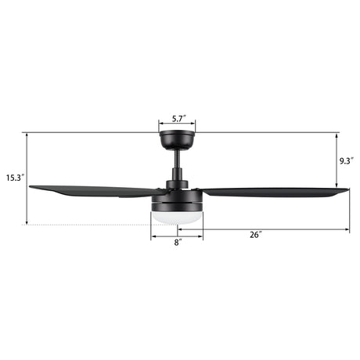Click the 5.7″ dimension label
[x=179, y=119]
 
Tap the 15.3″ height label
[x=15, y=178]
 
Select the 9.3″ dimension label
[x=347, y=161]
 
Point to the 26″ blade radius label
[x=256, y=235]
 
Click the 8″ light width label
[x=178, y=243]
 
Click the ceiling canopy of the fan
[x=177, y=140]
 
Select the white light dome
[x=177, y=218]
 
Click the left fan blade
[x=96, y=191]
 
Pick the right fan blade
[x=274, y=192]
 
